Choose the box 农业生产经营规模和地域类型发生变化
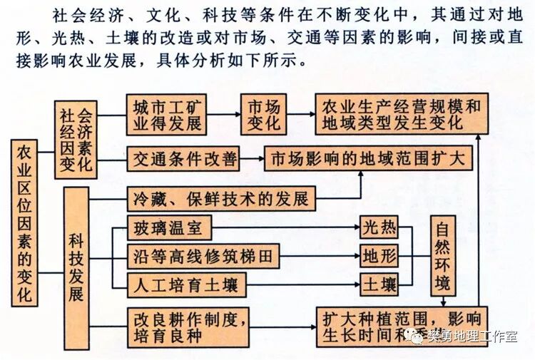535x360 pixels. (402, 115)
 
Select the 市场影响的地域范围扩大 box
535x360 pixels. (368, 159)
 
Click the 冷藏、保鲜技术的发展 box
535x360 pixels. (221, 198)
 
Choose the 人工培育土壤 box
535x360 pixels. (187, 285)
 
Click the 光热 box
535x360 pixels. (379, 230)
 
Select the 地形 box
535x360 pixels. (379, 257)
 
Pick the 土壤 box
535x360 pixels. (379, 285)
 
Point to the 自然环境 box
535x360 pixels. (442, 257)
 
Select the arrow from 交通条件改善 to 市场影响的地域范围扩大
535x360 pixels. (252, 159)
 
